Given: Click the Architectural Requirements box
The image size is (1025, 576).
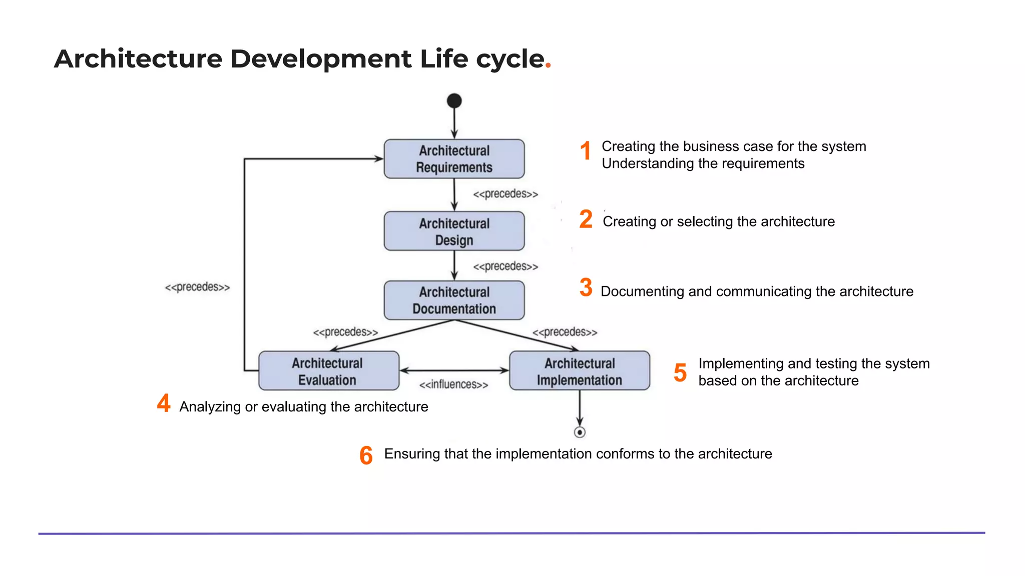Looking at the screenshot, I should [x=454, y=159].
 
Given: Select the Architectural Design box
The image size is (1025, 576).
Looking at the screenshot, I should [x=454, y=231].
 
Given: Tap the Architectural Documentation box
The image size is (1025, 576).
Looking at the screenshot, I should [x=454, y=300].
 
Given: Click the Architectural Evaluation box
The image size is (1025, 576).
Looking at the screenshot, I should [x=328, y=371].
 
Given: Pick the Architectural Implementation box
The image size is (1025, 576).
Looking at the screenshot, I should [x=579, y=371].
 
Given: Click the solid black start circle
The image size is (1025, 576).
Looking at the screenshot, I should [x=454, y=100].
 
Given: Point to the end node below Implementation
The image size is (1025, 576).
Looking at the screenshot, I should [x=580, y=432].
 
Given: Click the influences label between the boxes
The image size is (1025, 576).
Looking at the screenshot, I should [x=453, y=384].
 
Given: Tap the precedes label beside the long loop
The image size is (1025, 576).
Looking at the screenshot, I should [x=197, y=287].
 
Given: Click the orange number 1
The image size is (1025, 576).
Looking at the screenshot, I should [x=586, y=150].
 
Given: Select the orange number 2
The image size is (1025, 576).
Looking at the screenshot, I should [x=586, y=219].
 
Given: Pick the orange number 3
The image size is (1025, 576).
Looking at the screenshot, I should [x=586, y=287].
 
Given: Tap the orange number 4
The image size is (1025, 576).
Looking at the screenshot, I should [x=164, y=403].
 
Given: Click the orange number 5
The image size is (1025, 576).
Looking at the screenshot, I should [x=680, y=372].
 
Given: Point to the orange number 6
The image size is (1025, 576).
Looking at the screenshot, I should [x=366, y=455].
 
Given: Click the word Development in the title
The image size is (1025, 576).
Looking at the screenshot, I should [x=320, y=59].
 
